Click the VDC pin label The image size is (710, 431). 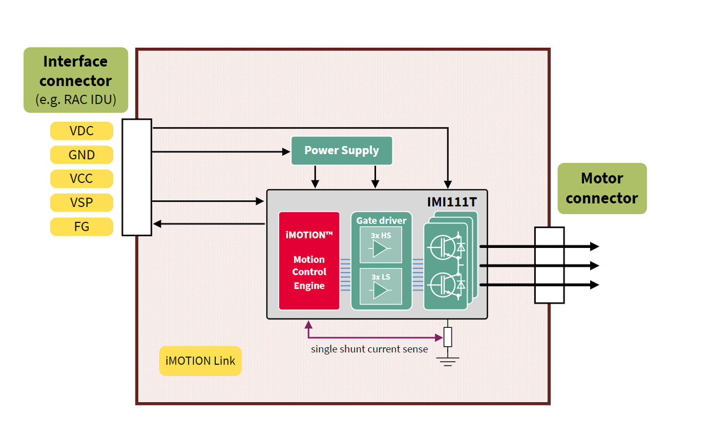pos(82,131)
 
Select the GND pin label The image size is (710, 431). pos(82,155)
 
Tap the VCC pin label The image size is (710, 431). pos(82,179)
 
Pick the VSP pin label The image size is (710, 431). pos(82,202)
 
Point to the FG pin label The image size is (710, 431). pos(82,226)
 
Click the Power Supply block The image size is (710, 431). pos(342,150)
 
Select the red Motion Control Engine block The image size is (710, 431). pos(309,260)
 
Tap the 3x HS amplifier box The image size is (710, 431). pos(381,245)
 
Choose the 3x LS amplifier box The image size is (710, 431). pos(381,286)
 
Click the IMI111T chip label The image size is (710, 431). pos(452,202)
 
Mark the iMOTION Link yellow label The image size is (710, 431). pos(200,361)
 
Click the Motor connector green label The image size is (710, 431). pos(602,188)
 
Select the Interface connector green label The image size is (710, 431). pos(75,79)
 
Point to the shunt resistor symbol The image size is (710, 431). pos(448,337)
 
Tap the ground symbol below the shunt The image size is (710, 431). pos(448,361)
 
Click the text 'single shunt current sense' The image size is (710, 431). pos(369,349)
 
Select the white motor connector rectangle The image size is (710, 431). pos(549,265)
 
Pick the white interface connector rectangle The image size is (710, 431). pos(136,177)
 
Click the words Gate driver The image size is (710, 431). pos(381,220)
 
